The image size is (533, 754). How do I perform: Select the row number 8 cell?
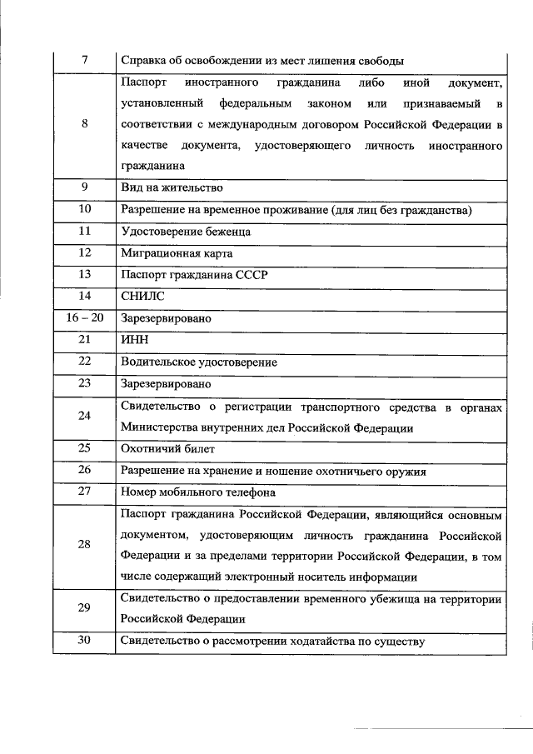click(83, 125)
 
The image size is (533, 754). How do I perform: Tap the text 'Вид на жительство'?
click(172, 188)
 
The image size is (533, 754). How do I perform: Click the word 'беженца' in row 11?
click(225, 232)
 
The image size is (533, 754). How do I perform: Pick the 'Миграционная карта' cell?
click(177, 253)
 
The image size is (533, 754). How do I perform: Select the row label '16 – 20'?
click(83, 318)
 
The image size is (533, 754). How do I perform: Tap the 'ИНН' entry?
click(134, 340)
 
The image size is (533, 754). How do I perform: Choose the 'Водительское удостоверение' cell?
click(199, 362)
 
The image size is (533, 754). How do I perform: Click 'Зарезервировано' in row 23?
click(167, 384)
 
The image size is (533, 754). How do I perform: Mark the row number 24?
click(83, 416)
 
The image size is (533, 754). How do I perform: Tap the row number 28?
click(83, 544)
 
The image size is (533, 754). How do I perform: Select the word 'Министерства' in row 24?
click(161, 427)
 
